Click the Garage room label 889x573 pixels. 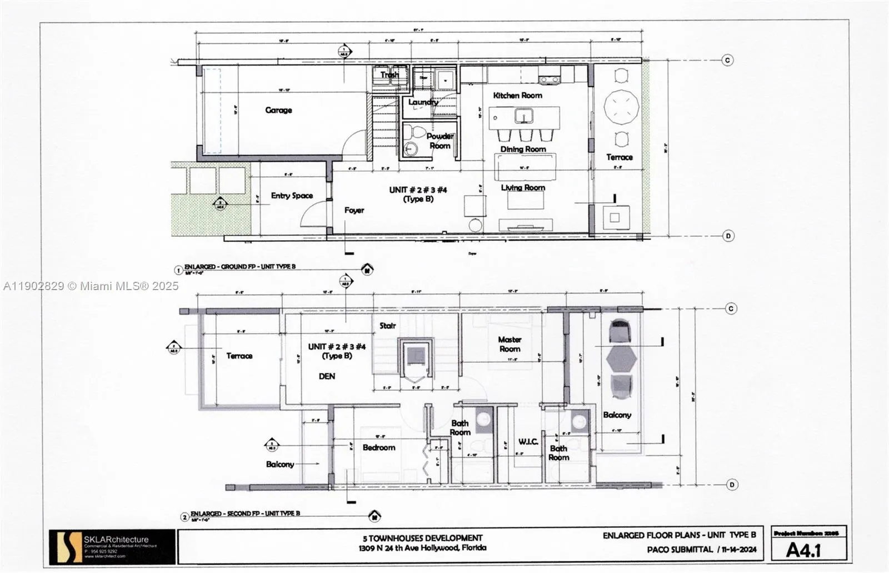coord(278,110)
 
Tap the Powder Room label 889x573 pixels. coord(439,141)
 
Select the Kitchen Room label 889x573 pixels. coord(517,96)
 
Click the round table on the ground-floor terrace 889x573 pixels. coord(621,107)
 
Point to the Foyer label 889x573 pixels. coord(354,210)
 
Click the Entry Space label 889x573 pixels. coord(292,196)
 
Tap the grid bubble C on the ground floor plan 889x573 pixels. coord(727,60)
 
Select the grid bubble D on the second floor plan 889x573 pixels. coord(732,485)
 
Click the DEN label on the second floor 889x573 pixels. coord(327,376)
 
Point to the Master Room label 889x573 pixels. coord(510,344)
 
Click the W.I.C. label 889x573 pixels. coord(528,442)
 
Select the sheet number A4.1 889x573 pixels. coord(803,550)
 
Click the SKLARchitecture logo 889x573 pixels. coord(66,547)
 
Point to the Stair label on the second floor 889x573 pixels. coord(387,326)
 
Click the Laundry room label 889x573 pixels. coord(423,102)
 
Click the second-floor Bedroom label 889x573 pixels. coord(379,447)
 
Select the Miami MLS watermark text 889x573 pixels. coord(91,286)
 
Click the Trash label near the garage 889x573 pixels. coord(389,74)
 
